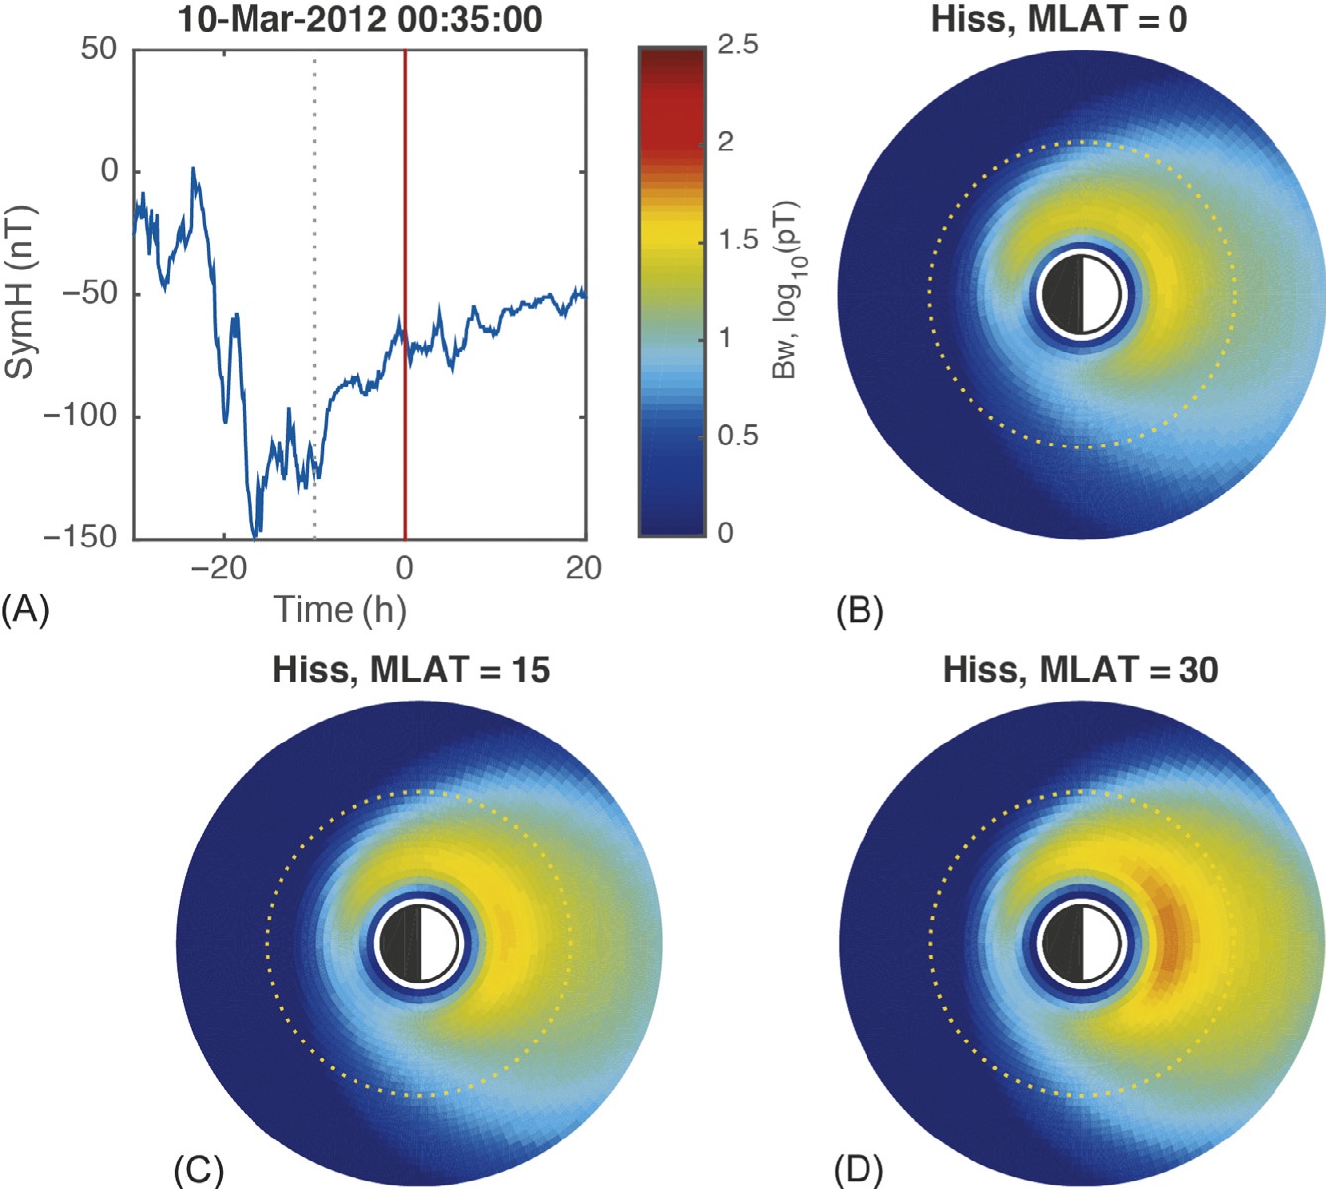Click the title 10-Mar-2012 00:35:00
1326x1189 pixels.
coord(359,19)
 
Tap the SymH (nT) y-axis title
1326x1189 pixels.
coord(20,292)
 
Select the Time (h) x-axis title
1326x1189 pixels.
coord(340,609)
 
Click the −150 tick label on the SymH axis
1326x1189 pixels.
coord(80,537)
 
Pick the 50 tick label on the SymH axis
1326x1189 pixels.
coord(99,49)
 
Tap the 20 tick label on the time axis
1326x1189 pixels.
coord(584,568)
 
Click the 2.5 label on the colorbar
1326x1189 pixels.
coord(737,45)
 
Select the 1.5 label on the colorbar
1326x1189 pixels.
coord(737,240)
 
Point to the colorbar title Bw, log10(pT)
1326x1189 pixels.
coord(787,290)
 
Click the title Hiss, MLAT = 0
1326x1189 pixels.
coord(1059,19)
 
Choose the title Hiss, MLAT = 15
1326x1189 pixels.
coord(411,670)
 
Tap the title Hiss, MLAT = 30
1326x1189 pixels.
coord(1080,670)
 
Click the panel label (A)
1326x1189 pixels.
coord(25,609)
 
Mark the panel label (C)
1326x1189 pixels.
coord(198,1170)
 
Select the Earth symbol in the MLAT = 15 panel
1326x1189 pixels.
coord(421,942)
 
